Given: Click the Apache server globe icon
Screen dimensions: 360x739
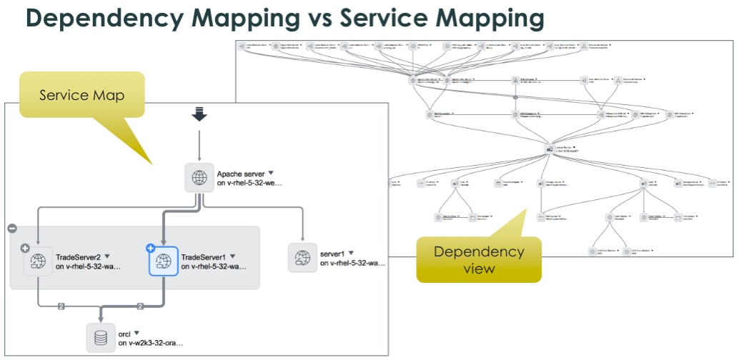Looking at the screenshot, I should click(x=199, y=177).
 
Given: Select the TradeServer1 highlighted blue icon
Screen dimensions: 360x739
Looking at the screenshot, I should click(x=163, y=261).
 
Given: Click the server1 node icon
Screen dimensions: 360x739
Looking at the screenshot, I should click(x=302, y=257).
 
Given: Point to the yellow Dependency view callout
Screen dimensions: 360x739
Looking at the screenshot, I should click(x=480, y=259).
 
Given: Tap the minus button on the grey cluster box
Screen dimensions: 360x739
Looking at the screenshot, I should click(x=12, y=228).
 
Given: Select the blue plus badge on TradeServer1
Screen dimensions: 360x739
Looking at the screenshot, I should click(x=151, y=248).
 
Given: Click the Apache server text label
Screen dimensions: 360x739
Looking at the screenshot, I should click(x=240, y=173).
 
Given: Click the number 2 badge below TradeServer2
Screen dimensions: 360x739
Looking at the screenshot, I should click(x=61, y=306).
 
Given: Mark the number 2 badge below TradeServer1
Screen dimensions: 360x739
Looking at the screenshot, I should click(x=140, y=306).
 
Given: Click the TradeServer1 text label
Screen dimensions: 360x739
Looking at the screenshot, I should click(x=204, y=256).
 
